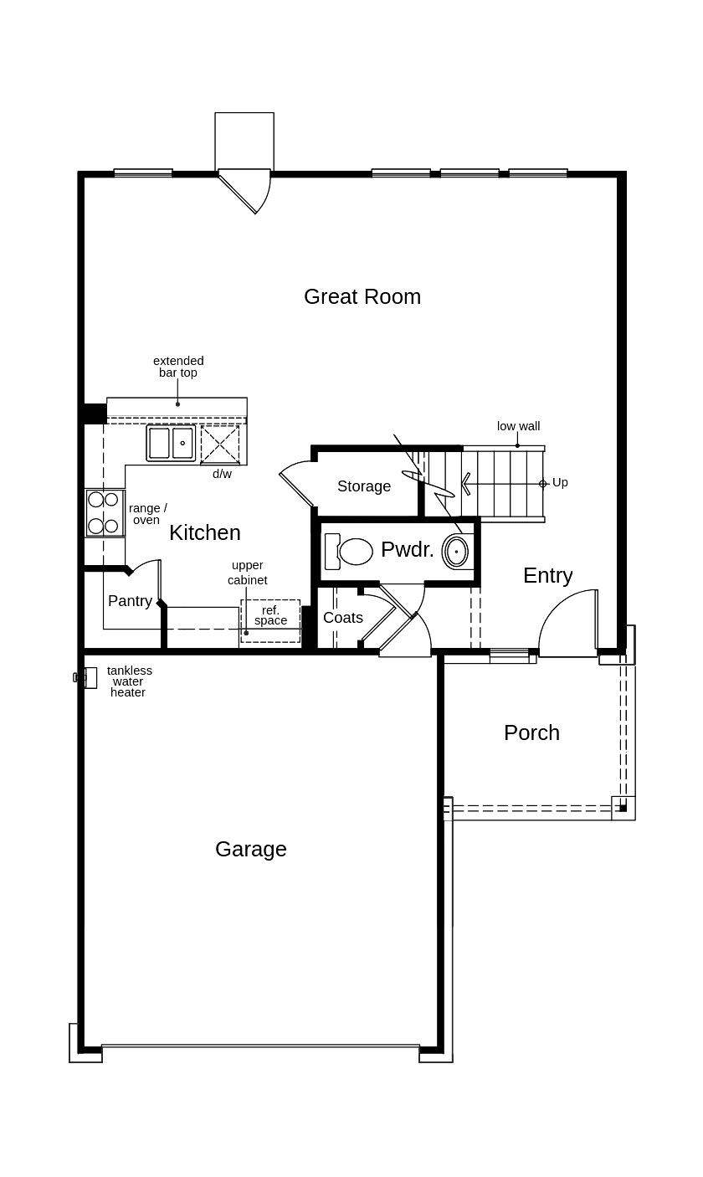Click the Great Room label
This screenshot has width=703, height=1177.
362,296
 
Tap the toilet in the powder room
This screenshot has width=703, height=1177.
350,552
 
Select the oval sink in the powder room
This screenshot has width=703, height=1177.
456,552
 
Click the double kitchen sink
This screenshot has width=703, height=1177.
171,443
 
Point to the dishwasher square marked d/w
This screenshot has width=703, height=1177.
220,444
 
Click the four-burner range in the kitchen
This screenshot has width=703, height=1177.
104,512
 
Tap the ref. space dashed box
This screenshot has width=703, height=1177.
270,620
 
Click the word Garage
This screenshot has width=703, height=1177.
250,849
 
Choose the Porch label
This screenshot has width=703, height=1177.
531,732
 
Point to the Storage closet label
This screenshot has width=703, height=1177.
364,486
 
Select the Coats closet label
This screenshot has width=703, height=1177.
343,618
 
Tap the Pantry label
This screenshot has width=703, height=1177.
130,601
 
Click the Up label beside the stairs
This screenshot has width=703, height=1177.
560,482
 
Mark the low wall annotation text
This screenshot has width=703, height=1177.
518,426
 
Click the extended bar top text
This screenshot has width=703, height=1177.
178,367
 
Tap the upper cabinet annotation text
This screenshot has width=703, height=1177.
248,573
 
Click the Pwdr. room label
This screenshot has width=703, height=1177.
407,549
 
